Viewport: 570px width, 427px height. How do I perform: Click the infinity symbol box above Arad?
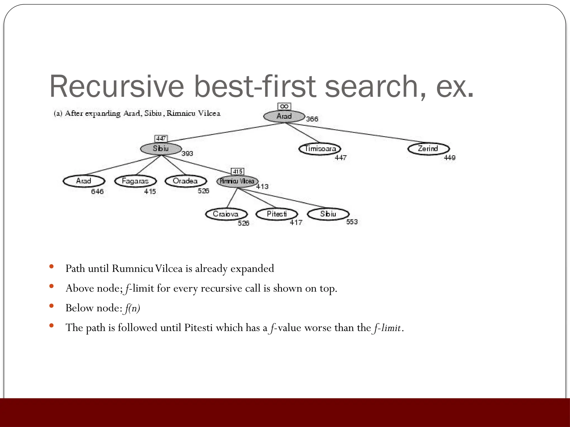pyautogui.click(x=284, y=106)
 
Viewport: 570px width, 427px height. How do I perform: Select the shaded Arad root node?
pyautogui.click(x=284, y=116)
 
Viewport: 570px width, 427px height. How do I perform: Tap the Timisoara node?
pyautogui.click(x=320, y=149)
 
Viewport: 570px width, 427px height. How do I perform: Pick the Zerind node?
pyautogui.click(x=428, y=149)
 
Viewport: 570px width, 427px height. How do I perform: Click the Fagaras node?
pyautogui.click(x=135, y=181)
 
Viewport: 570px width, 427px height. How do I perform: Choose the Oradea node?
pyautogui.click(x=186, y=181)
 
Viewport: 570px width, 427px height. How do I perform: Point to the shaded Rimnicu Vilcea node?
pyautogui.click(x=237, y=181)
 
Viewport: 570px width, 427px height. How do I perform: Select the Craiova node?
pyautogui.click(x=226, y=214)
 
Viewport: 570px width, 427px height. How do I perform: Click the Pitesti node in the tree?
pyautogui.click(x=277, y=214)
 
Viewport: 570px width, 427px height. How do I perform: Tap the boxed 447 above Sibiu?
pyautogui.click(x=161, y=138)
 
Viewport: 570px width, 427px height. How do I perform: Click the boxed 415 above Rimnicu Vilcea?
pyautogui.click(x=237, y=172)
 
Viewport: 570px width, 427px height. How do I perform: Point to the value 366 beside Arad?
pyautogui.click(x=312, y=119)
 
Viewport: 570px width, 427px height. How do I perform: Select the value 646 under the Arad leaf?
pyautogui.click(x=97, y=192)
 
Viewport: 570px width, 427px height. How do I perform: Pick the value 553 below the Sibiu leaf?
pyautogui.click(x=352, y=222)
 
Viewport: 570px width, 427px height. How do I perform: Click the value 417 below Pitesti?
pyautogui.click(x=296, y=222)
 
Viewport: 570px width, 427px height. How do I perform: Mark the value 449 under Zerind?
pyautogui.click(x=449, y=158)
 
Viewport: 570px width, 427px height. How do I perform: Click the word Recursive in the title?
pyautogui.click(x=117, y=87)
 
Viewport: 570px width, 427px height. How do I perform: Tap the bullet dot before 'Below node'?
pyautogui.click(x=51, y=306)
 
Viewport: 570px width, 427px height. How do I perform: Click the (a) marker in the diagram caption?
pyautogui.click(x=58, y=113)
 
